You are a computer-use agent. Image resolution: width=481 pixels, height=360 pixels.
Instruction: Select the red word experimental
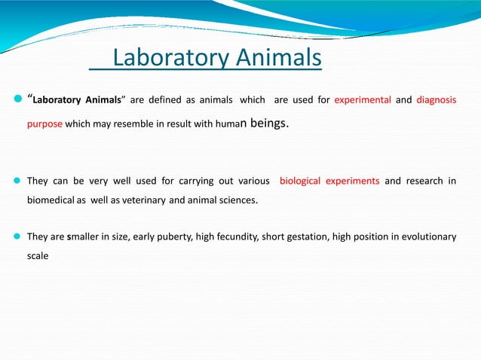(362, 99)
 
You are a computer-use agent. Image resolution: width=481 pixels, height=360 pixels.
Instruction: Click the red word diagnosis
(436, 99)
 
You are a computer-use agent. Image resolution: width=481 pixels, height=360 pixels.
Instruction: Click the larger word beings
(268, 123)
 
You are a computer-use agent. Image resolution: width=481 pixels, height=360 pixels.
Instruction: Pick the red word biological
(300, 181)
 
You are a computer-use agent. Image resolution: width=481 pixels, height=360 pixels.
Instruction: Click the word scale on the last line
(38, 255)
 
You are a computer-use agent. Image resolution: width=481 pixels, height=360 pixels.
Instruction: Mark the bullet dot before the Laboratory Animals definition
(17, 99)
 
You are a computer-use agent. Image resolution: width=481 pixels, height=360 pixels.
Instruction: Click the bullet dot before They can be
(17, 181)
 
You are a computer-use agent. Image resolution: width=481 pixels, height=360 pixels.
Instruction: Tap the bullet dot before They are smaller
(17, 236)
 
